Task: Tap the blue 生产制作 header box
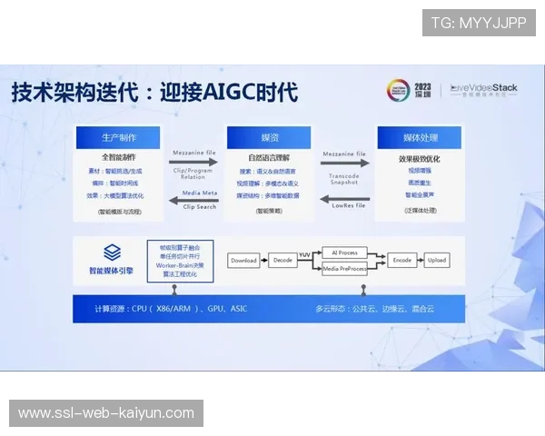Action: click(x=119, y=137)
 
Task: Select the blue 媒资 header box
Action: click(x=270, y=137)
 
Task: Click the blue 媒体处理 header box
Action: click(x=420, y=137)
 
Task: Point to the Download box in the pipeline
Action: click(x=243, y=260)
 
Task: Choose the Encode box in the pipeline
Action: click(x=401, y=260)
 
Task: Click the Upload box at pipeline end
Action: click(x=437, y=260)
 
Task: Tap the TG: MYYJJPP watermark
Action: click(x=479, y=23)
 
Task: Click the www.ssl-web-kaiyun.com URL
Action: click(x=106, y=413)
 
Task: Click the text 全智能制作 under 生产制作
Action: click(x=118, y=157)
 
